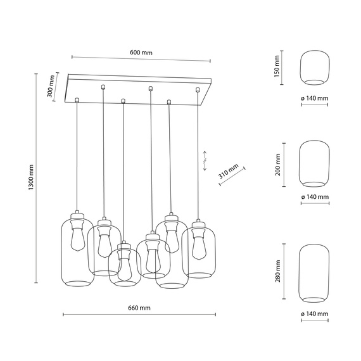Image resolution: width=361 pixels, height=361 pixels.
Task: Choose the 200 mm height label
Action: click(x=277, y=164)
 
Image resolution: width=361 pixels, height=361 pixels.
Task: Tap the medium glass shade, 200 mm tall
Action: click(x=315, y=164)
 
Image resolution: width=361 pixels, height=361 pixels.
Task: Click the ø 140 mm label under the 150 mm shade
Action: click(x=315, y=98)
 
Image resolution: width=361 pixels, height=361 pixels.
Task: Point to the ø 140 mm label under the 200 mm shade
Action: click(x=315, y=197)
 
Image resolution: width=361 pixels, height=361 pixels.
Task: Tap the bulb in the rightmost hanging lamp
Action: click(x=198, y=243)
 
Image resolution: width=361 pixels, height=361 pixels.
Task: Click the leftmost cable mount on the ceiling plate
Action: click(x=76, y=99)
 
